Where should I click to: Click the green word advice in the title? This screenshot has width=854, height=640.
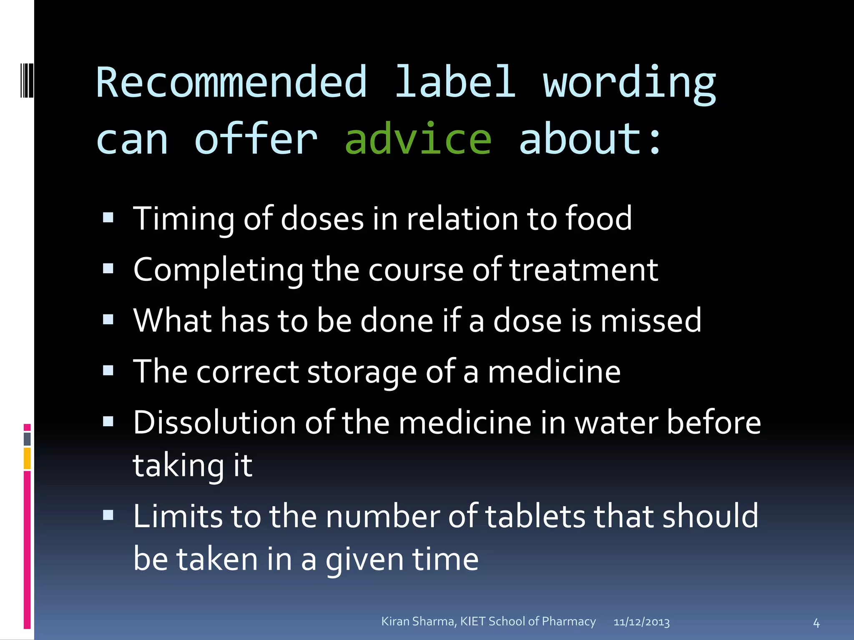click(418, 139)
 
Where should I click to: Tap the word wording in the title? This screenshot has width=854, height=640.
click(629, 83)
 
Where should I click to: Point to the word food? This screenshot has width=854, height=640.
click(598, 218)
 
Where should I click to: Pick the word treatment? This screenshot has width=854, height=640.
click(584, 270)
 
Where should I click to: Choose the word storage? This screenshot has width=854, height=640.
click(362, 372)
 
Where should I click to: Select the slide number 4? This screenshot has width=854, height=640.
click(816, 623)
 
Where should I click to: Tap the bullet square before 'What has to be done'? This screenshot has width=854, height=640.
click(108, 320)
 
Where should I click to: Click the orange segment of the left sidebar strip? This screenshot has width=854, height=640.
click(27, 458)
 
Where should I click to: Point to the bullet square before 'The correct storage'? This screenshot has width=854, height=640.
click(108, 370)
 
